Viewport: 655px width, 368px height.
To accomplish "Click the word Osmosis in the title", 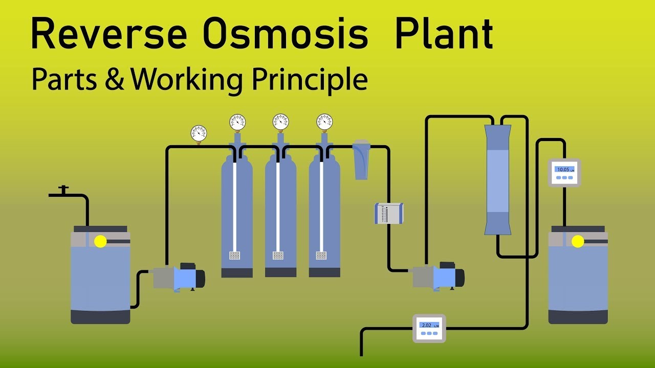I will pyautogui.click(x=285, y=35).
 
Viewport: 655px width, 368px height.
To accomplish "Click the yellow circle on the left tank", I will pyautogui.click(x=100, y=241).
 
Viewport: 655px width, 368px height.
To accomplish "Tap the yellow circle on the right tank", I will pyautogui.click(x=578, y=241).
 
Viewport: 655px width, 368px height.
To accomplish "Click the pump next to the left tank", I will pyautogui.click(x=179, y=278).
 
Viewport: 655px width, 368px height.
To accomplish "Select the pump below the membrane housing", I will pyautogui.click(x=439, y=278).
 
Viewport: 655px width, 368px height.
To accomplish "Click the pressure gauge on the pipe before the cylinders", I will pyautogui.click(x=199, y=133).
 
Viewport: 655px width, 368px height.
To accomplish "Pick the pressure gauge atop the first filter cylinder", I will pyautogui.click(x=237, y=122).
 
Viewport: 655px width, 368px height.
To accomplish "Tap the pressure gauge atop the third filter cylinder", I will pyautogui.click(x=324, y=122).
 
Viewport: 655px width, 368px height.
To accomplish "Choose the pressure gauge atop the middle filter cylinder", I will pyautogui.click(x=280, y=122).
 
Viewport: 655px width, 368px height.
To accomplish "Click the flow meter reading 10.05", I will pyautogui.click(x=564, y=172).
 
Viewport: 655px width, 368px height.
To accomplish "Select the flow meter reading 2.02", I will pyautogui.click(x=429, y=328).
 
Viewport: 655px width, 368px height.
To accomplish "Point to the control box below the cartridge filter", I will pyautogui.click(x=389, y=213).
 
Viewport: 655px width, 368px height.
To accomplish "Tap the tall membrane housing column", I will pyautogui.click(x=497, y=179).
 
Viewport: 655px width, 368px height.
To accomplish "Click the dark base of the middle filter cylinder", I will pyautogui.click(x=280, y=272).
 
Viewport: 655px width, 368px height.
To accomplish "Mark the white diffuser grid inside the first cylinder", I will pyautogui.click(x=235, y=255).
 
